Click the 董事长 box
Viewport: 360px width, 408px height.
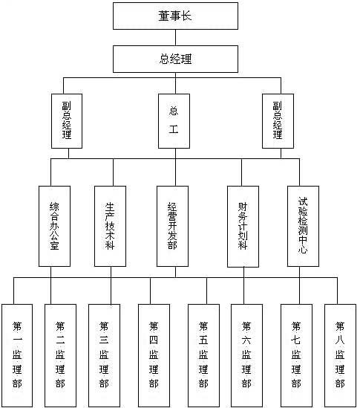175,16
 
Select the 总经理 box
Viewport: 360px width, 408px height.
175,59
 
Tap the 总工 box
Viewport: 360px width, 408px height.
174,121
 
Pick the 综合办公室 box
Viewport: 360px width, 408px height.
55,226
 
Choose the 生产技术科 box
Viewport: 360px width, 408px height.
110,226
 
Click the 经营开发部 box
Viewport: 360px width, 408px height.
173,226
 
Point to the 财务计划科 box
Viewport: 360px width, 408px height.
243,227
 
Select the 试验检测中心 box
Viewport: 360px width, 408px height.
303,226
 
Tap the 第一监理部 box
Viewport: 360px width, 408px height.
17,355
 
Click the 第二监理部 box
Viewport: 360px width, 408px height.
60,355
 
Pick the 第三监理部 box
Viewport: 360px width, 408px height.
104,355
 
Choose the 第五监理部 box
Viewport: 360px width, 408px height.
203,355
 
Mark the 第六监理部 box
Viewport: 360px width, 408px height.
246,355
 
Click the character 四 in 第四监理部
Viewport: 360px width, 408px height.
154,340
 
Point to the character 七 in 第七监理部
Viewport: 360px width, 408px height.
296,340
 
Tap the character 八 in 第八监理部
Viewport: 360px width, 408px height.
340,340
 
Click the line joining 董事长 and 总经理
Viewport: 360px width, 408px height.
175,37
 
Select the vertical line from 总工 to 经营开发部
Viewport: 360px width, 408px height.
175,167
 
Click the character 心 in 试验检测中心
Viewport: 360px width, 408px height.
303,249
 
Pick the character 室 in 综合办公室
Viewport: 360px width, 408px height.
55,245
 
